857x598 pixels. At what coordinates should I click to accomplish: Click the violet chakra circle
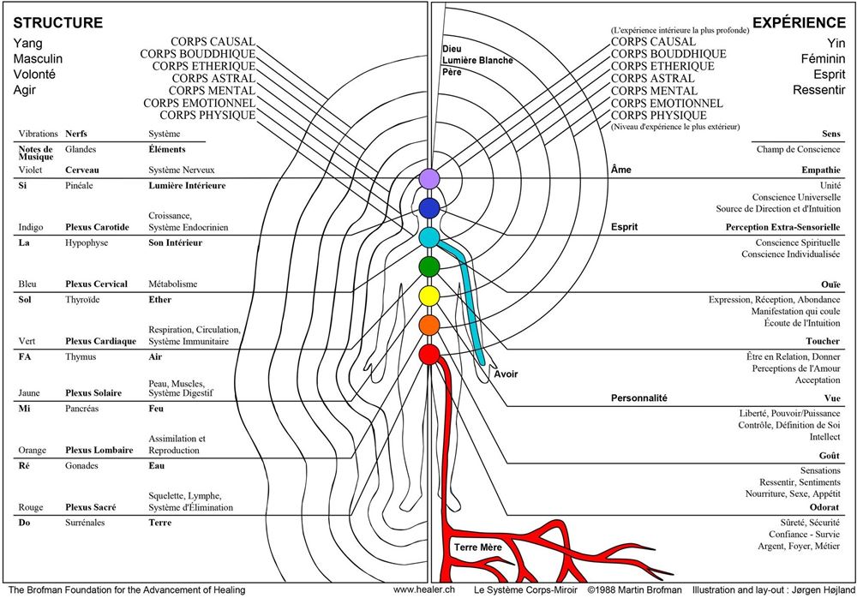(428, 179)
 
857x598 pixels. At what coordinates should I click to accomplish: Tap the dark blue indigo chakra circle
(428, 207)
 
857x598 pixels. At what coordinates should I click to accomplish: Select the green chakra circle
(428, 266)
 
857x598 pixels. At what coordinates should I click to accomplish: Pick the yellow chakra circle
(428, 296)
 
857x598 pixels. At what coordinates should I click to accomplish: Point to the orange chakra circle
(428, 325)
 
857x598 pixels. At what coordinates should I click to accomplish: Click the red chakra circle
(428, 353)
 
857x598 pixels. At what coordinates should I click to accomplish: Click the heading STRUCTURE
(57, 22)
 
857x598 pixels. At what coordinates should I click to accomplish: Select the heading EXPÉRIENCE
(796, 22)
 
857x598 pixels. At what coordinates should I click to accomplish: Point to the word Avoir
(506, 374)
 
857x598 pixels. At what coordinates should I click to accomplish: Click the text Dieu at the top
(452, 49)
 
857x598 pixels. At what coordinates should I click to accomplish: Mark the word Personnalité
(638, 398)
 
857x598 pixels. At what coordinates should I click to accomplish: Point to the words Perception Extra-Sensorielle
(782, 228)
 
